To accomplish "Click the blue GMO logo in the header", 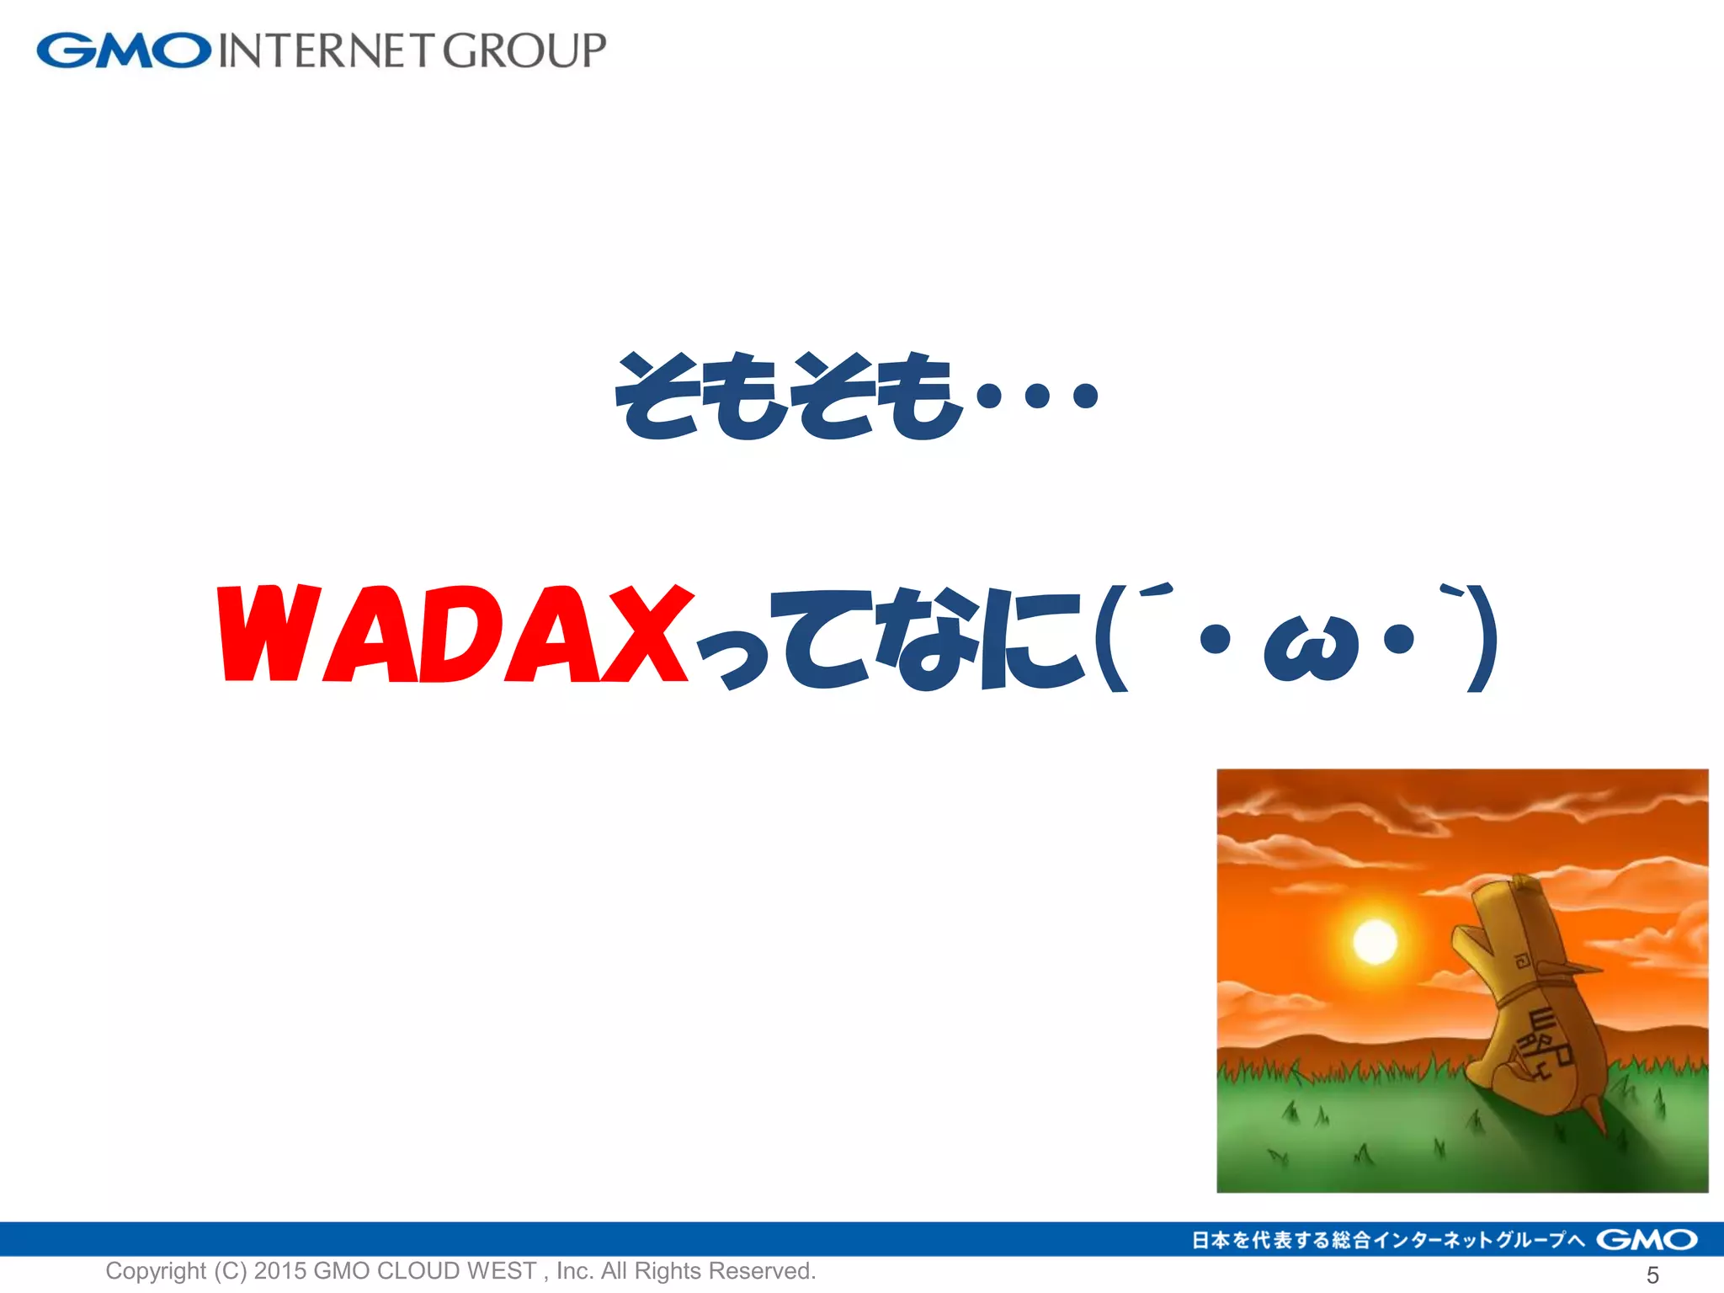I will click(x=123, y=51).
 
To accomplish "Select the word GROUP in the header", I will click(x=524, y=51).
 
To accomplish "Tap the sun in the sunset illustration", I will click(x=1375, y=940).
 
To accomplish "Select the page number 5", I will click(x=1652, y=1275).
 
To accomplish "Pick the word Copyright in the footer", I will click(x=156, y=1271).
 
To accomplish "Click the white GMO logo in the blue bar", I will click(x=1647, y=1240).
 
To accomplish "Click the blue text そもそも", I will click(x=787, y=396).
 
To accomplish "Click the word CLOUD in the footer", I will click(x=417, y=1271).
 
